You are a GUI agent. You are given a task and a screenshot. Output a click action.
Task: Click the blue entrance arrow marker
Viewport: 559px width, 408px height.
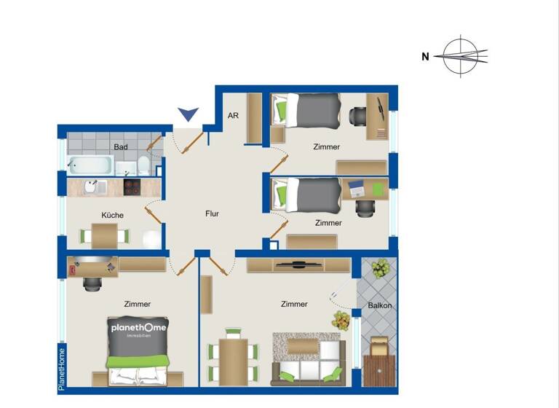click(189, 114)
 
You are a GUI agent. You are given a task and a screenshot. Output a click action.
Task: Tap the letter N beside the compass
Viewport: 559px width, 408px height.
click(425, 57)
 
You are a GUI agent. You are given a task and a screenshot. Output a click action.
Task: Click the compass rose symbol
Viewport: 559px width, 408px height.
click(464, 56)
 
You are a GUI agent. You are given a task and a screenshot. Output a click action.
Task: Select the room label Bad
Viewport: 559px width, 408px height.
click(121, 147)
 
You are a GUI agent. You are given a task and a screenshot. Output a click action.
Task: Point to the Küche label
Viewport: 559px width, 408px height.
click(112, 215)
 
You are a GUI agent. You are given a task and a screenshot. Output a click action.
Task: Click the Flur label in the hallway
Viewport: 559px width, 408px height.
click(212, 214)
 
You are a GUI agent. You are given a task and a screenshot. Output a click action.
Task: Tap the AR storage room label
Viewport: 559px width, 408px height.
click(233, 116)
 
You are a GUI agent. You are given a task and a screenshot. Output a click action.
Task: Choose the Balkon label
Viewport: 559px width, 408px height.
click(380, 305)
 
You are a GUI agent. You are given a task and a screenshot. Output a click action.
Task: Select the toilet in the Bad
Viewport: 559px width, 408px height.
click(143, 164)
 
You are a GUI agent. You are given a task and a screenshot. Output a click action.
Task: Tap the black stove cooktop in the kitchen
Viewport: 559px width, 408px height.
click(131, 187)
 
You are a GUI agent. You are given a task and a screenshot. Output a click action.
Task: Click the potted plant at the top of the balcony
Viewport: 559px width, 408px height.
click(380, 270)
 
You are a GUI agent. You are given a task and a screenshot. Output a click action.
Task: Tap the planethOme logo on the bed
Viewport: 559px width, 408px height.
click(138, 329)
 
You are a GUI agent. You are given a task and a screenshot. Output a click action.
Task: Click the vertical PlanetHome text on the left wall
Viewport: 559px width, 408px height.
click(62, 369)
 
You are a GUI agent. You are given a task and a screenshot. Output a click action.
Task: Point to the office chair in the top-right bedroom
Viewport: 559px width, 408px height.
click(357, 115)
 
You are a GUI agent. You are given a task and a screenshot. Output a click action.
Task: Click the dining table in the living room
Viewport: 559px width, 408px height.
click(233, 361)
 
